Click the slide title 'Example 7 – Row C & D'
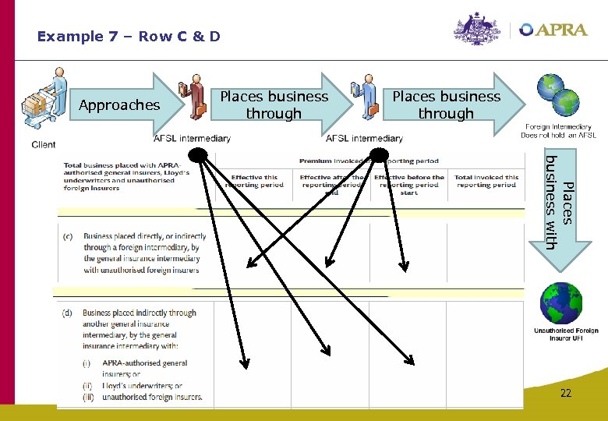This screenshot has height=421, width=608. coord(129,37)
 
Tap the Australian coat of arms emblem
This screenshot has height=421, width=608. coord(477,30)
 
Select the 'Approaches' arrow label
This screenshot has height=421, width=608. coord(119,105)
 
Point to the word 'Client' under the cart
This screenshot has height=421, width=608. coord(44,144)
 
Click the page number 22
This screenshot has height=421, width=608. coord(565,394)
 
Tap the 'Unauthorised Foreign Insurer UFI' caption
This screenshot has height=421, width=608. coord(566,334)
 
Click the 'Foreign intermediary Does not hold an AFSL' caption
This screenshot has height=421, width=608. coord(558,131)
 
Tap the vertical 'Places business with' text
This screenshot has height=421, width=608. coord(560,202)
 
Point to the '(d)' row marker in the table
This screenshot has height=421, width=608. coord(69,313)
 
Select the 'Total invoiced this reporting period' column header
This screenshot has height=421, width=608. coord(486,181)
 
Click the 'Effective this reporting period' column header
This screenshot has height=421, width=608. coord(253,181)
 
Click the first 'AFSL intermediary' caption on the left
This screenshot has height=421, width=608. coord(192,139)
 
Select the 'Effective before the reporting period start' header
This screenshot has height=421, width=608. coord(409,185)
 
